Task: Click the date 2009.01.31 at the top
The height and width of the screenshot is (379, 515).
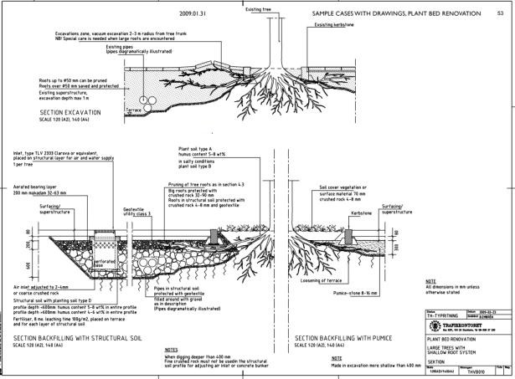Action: (x=193, y=14)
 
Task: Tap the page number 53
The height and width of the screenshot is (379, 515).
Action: (x=500, y=14)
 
